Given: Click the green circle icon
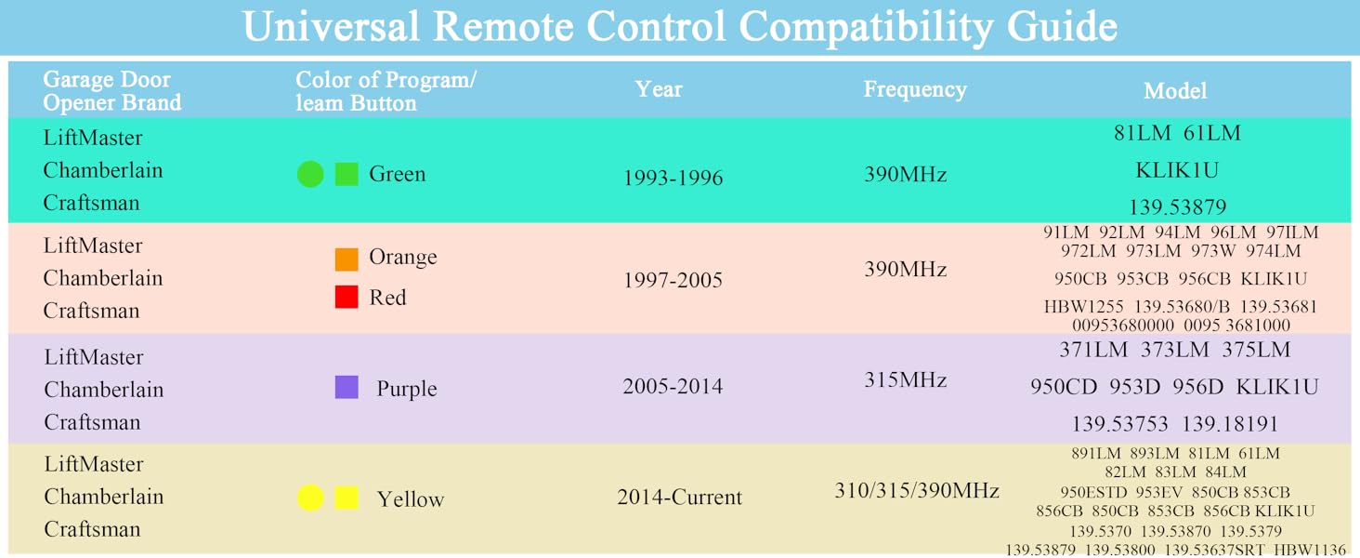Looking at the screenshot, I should pyautogui.click(x=310, y=174).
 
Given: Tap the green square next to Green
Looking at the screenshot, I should pyautogui.click(x=347, y=174).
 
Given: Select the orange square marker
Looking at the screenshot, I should pyautogui.click(x=347, y=259).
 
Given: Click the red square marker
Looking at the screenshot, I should pyautogui.click(x=347, y=297).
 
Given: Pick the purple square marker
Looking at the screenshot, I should pyautogui.click(x=347, y=387).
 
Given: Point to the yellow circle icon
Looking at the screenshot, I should pyautogui.click(x=310, y=498).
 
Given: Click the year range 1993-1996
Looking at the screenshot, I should pyautogui.click(x=673, y=178).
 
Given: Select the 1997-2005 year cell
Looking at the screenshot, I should pyautogui.click(x=673, y=280).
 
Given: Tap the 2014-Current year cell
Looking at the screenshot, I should pyautogui.click(x=679, y=498).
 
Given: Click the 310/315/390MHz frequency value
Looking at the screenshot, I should pyautogui.click(x=917, y=490).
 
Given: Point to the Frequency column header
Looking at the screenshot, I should pyautogui.click(x=915, y=90).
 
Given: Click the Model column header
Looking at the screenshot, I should pyautogui.click(x=1175, y=91).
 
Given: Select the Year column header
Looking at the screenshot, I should pyautogui.click(x=659, y=90).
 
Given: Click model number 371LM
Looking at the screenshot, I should pyautogui.click(x=1093, y=351).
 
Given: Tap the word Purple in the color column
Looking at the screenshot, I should pyautogui.click(x=406, y=389).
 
